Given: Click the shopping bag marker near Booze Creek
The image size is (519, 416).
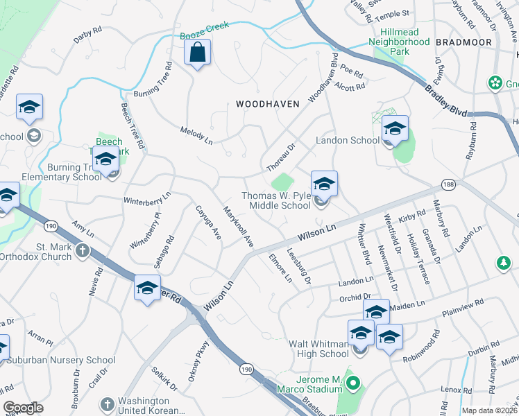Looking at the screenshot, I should [x=198, y=53].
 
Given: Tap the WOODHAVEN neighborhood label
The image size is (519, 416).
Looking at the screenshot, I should [x=267, y=104].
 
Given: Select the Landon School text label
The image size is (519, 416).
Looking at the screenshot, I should [x=348, y=140].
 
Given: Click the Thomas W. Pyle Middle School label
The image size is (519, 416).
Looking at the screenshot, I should [x=276, y=200].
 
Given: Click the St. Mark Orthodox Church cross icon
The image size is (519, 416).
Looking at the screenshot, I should [x=82, y=250].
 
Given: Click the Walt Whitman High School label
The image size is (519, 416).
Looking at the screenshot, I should [x=320, y=349].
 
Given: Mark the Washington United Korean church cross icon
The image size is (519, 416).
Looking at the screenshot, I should [x=107, y=404].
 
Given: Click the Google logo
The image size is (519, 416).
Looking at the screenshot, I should [x=24, y=408].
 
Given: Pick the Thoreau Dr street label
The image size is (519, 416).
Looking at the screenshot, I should [x=281, y=157].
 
